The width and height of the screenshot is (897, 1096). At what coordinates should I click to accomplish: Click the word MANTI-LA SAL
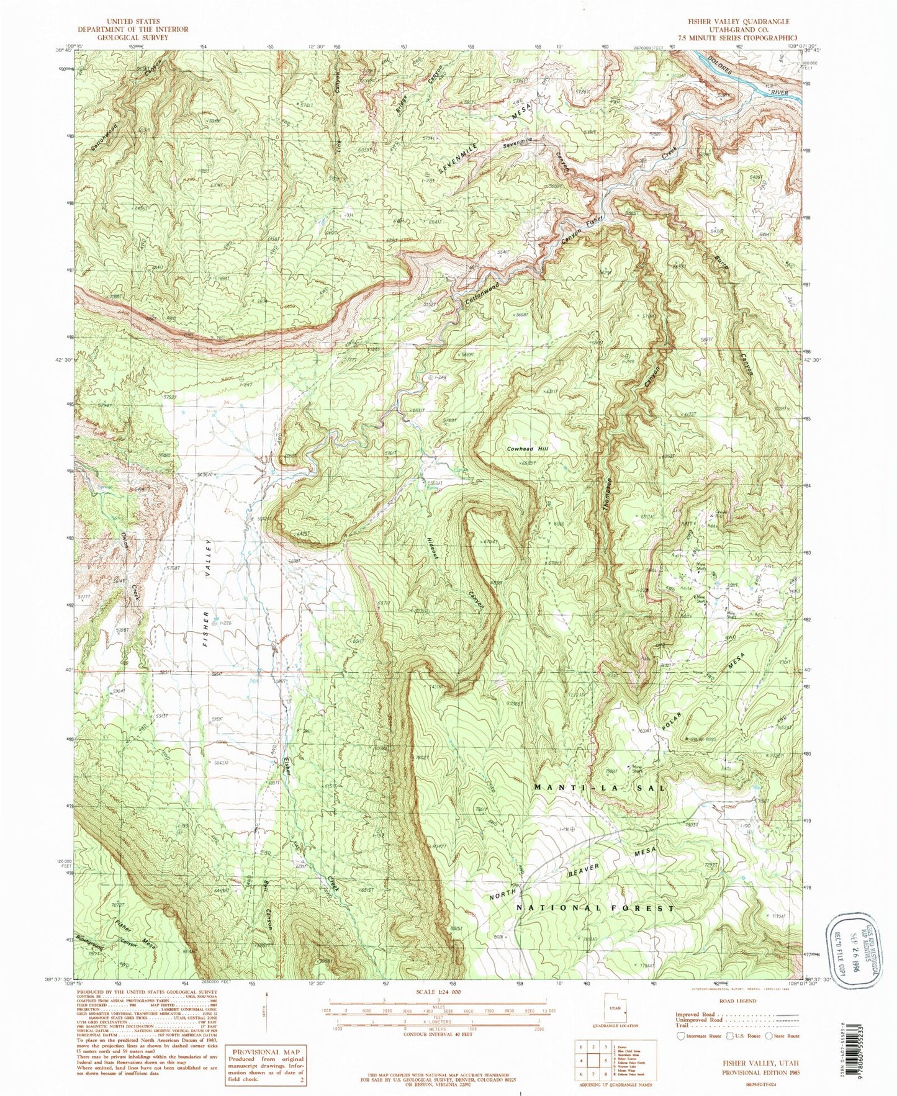pos(600,788)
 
